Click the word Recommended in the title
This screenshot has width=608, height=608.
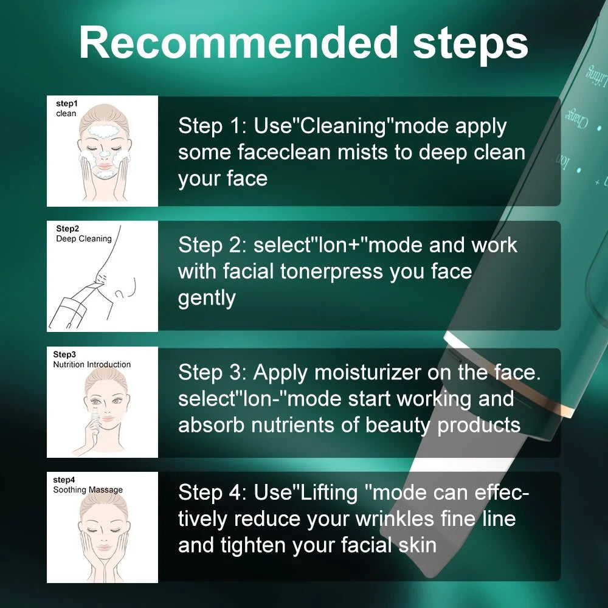238,43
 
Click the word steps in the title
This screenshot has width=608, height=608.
470,46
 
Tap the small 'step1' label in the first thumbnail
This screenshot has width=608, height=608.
67,103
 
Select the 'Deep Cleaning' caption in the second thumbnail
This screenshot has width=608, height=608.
84,238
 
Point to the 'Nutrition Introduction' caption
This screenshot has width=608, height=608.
92,364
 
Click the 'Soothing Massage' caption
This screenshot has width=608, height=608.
88,489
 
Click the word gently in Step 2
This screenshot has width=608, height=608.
207,299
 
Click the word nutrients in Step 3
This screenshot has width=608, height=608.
293,425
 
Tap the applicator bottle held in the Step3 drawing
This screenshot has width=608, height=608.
94,420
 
